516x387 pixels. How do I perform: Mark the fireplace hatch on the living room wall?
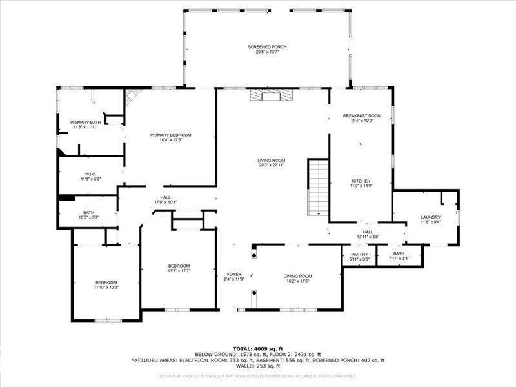tap(271, 95)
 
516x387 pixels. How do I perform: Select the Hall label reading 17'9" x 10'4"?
tap(165, 200)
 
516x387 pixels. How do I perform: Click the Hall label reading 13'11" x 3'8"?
tap(368, 234)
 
